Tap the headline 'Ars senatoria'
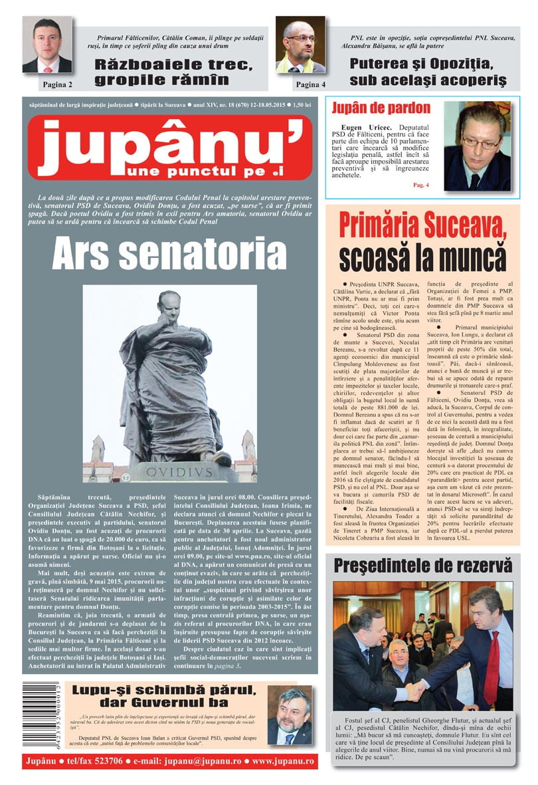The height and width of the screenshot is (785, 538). (169, 253)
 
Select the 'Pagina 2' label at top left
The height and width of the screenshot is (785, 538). (57, 84)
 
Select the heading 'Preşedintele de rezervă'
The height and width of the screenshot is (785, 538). (423, 566)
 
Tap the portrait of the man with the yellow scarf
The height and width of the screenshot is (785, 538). (300, 45)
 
